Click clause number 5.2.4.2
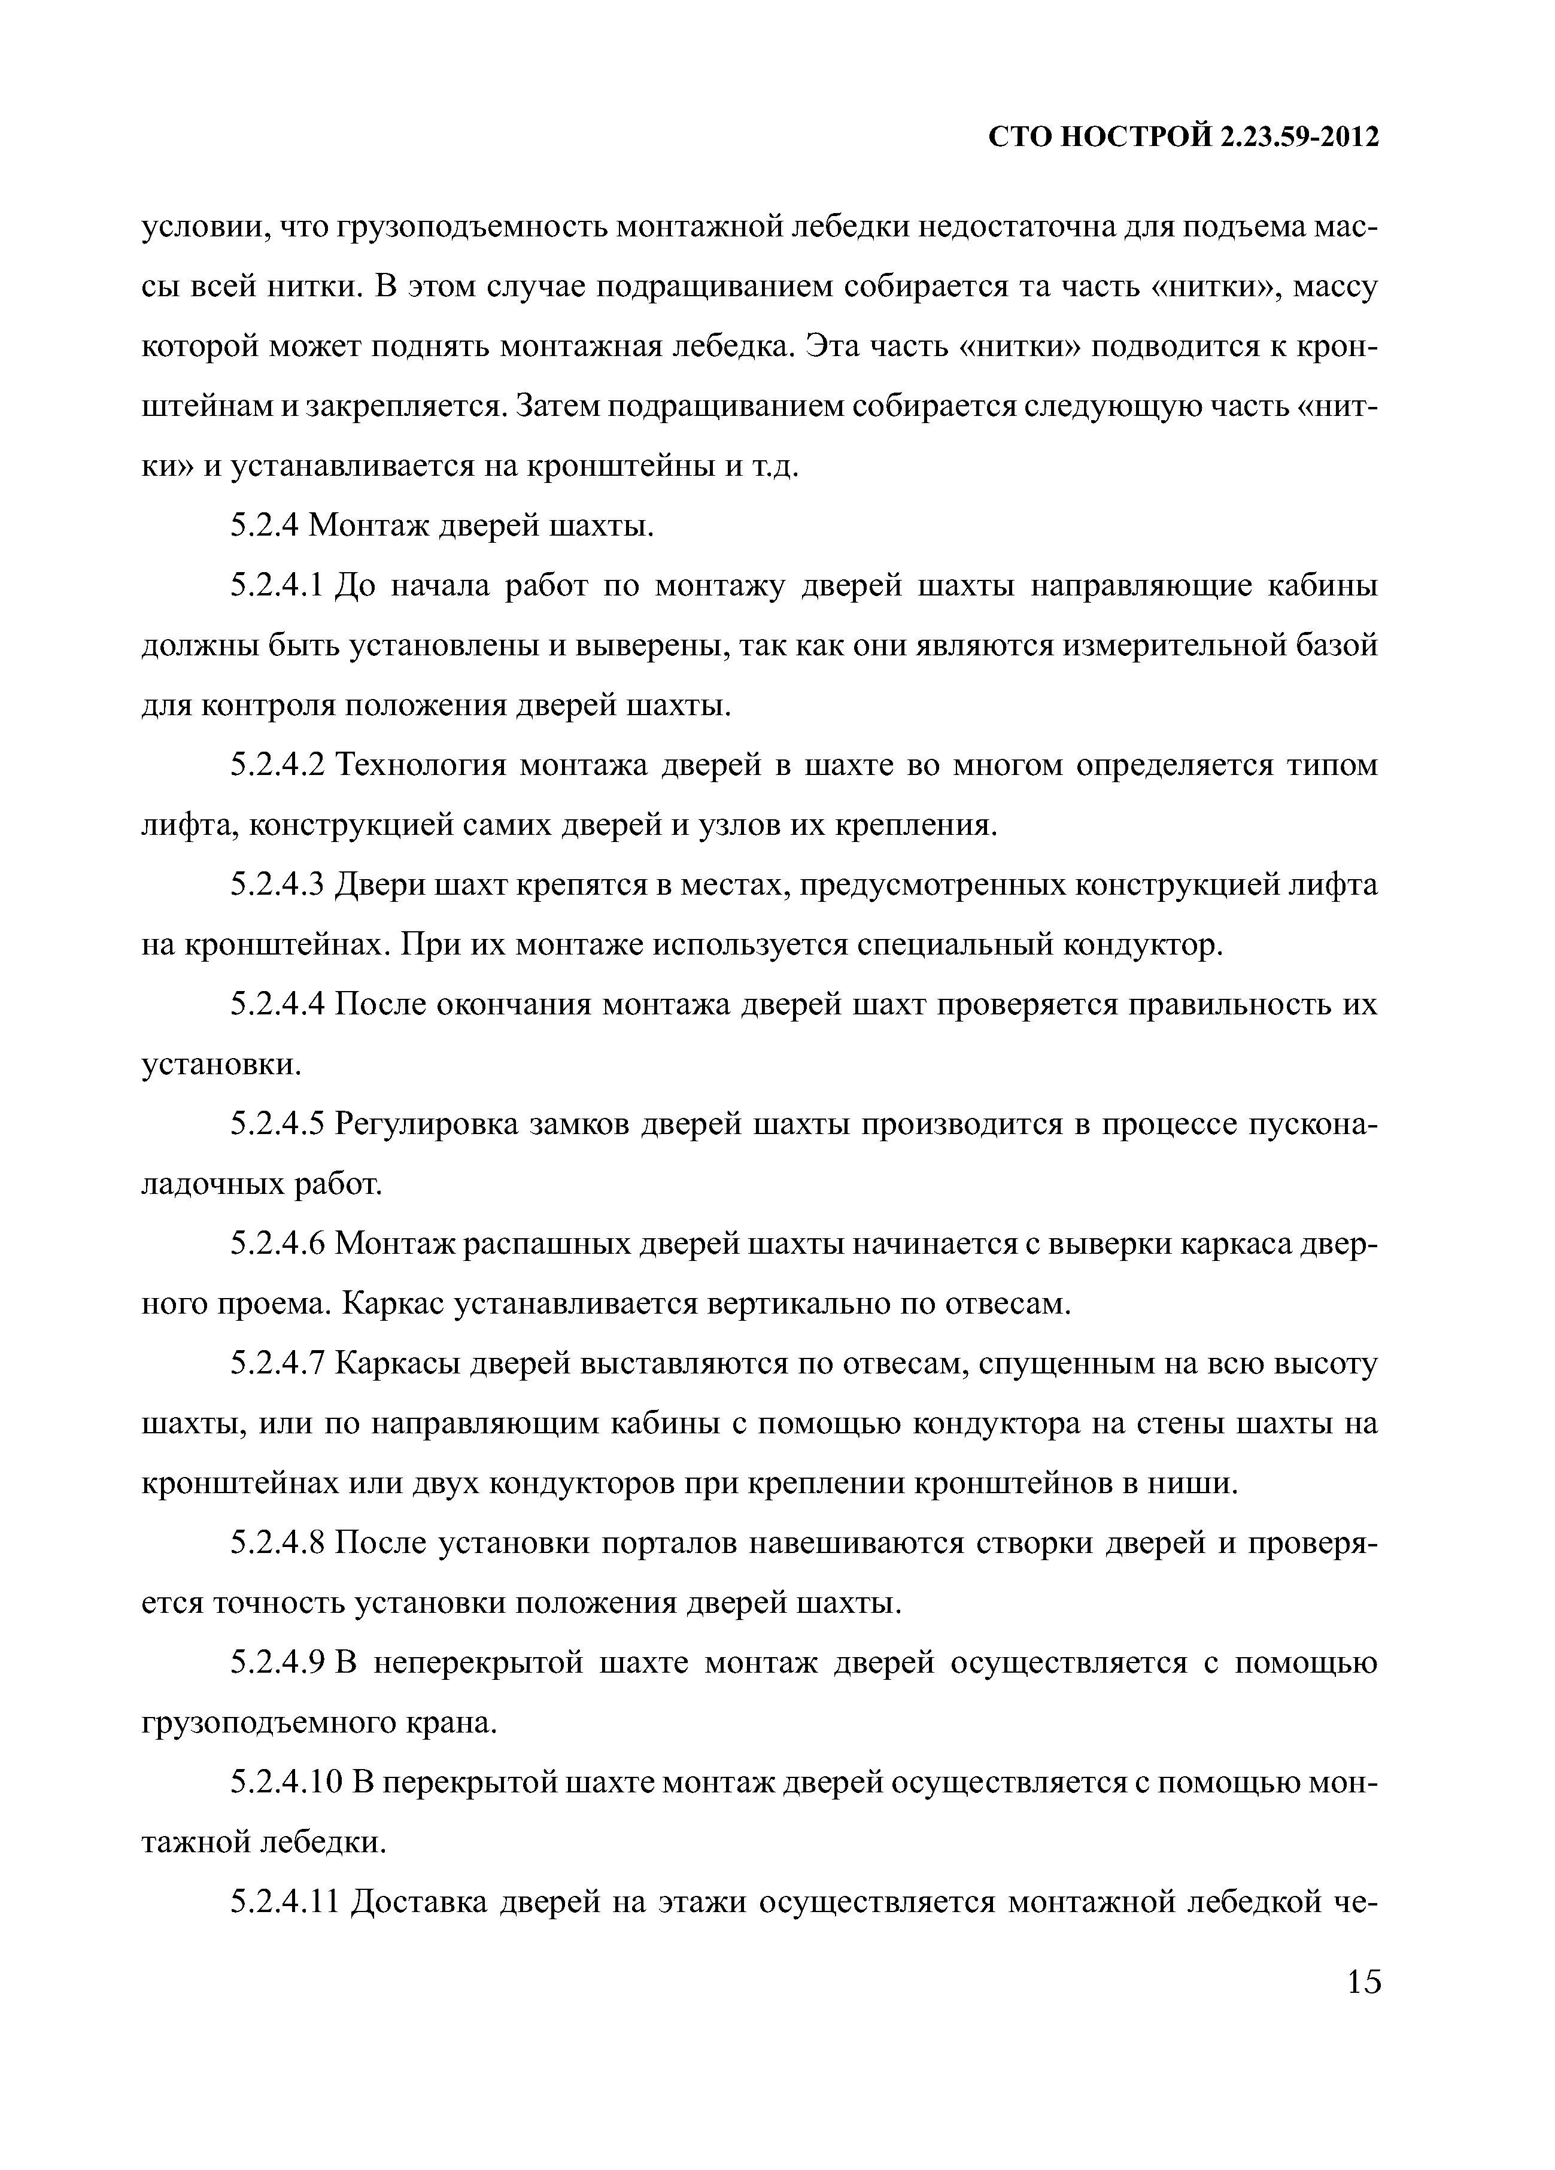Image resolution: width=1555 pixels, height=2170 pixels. (x=280, y=765)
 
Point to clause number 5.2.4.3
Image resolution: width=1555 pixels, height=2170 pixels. (x=280, y=885)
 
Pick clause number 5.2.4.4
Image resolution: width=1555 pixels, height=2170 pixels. (x=280, y=1005)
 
